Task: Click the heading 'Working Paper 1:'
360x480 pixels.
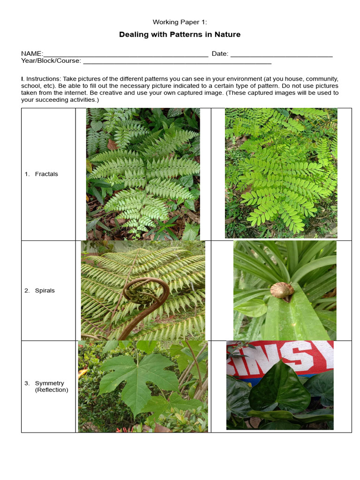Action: pyautogui.click(x=180, y=22)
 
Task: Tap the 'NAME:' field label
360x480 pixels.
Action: pyautogui.click(x=32, y=54)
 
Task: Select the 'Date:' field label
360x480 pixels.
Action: pyautogui.click(x=220, y=54)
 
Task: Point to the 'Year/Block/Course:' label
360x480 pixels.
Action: pyautogui.click(x=51, y=60)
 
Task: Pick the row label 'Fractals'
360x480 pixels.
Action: pyautogui.click(x=46, y=174)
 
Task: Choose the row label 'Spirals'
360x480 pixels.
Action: pyautogui.click(x=45, y=291)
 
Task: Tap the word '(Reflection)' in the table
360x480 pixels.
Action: pyautogui.click(x=52, y=390)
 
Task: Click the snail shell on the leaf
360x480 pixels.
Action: pyautogui.click(x=282, y=289)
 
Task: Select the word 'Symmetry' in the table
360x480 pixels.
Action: pyautogui.click(x=49, y=383)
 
